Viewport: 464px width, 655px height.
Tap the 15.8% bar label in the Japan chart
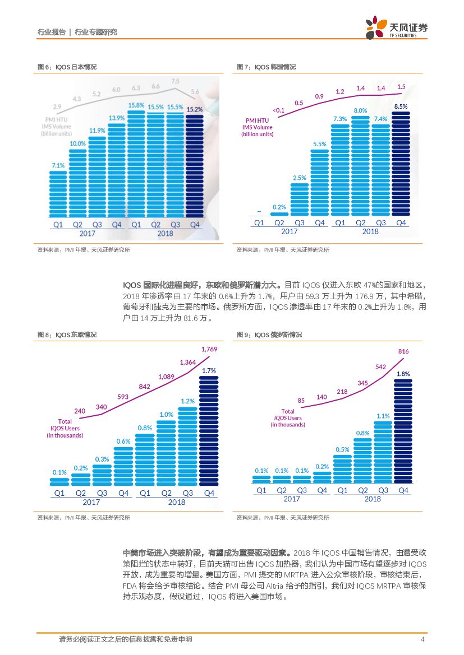point(136,105)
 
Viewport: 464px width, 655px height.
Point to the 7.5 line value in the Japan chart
point(175,81)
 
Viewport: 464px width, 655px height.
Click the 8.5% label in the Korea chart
point(401,106)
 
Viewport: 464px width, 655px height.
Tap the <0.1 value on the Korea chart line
point(279,110)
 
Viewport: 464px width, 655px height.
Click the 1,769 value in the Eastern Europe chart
point(209,349)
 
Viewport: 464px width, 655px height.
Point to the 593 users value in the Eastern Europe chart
point(123,397)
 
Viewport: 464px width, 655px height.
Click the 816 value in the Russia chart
point(403,351)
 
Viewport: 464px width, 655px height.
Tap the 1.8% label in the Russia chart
point(403,373)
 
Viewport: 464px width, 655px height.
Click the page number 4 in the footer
point(422,639)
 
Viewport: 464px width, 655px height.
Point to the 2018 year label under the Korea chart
point(370,231)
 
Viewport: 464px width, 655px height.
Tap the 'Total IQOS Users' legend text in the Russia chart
point(287,418)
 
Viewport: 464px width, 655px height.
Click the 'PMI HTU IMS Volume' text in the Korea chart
point(258,127)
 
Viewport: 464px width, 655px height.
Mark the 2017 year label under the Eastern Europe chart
point(91,502)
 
